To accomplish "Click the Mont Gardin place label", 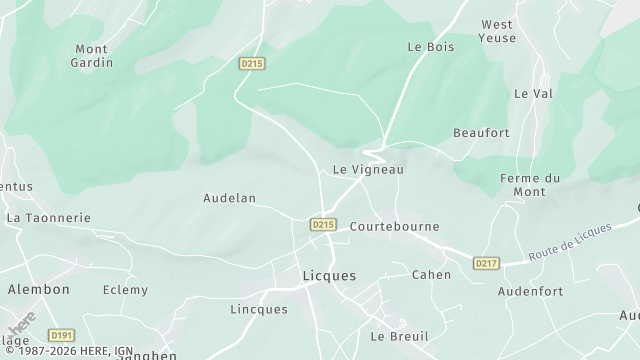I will [93, 55].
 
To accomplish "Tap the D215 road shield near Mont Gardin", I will [251, 63].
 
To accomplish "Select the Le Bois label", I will [430, 47].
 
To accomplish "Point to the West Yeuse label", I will [498, 31].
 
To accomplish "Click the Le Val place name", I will [533, 93].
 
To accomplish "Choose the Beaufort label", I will [481, 133].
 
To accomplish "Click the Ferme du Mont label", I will [529, 185].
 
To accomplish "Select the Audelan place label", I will [230, 198].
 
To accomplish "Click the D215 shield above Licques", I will [322, 225].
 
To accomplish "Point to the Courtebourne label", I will [394, 227].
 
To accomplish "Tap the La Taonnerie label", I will [48, 217].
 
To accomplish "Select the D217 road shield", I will [486, 263].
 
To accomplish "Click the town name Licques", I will [329, 275].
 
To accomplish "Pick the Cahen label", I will [431, 275].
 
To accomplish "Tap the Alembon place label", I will [39, 289].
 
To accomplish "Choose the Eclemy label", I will [125, 290].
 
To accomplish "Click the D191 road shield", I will [62, 336].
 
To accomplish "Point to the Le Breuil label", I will [399, 337].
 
